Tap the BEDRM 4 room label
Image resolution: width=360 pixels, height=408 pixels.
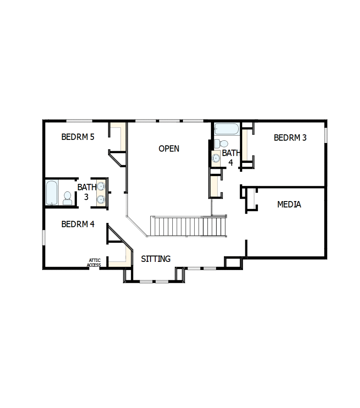pyautogui.click(x=78, y=224)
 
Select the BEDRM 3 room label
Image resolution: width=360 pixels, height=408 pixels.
pyautogui.click(x=290, y=138)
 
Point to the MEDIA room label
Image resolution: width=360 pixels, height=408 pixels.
pyautogui.click(x=289, y=204)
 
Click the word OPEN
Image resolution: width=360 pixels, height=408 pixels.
pyautogui.click(x=169, y=148)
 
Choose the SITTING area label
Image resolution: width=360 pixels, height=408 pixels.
pyautogui.click(x=156, y=259)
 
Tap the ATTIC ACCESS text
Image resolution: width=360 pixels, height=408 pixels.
pyautogui.click(x=94, y=263)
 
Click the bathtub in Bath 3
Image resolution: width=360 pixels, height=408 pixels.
pyautogui.click(x=51, y=192)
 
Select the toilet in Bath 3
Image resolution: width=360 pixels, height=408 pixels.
pyautogui.click(x=67, y=198)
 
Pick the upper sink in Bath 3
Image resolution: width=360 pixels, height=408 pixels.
pyautogui.click(x=101, y=186)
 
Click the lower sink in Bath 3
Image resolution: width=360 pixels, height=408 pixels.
pyautogui.click(x=101, y=200)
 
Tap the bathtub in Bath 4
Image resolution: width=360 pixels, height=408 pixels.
pyautogui.click(x=226, y=129)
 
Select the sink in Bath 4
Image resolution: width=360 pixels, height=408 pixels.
pyautogui.click(x=216, y=158)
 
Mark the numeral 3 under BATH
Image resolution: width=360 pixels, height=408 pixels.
pyautogui.click(x=86, y=197)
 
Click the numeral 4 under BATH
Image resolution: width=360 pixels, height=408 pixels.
pyautogui.click(x=231, y=162)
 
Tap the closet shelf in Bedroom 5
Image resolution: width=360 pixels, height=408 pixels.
pyautogui.click(x=122, y=136)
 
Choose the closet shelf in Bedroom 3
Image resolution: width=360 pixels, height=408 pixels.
pyautogui.click(x=246, y=145)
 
